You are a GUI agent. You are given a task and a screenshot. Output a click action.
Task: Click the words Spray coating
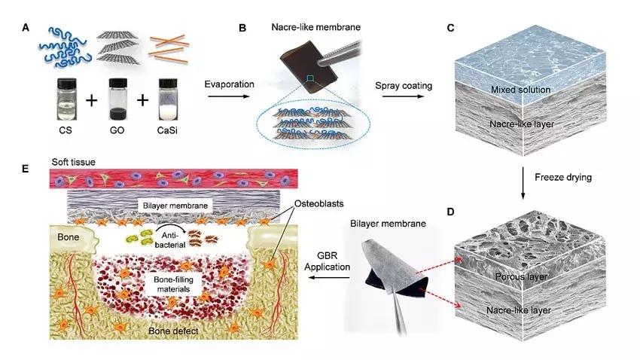click(x=404, y=85)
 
